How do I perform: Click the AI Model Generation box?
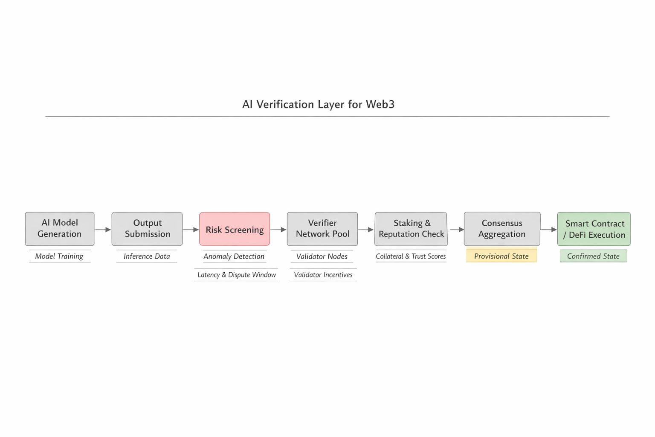tap(59, 229)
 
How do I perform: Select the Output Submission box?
tap(147, 229)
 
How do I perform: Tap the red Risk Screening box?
tap(235, 229)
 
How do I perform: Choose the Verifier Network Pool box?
tap(322, 229)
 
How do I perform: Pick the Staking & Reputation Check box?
tap(411, 229)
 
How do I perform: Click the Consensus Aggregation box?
tap(502, 229)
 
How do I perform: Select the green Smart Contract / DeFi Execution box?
tap(594, 229)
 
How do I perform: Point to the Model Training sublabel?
tap(59, 256)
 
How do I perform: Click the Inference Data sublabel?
tap(147, 256)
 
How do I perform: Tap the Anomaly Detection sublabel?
tap(234, 256)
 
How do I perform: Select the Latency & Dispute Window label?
tap(237, 275)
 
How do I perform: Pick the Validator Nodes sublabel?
tap(322, 256)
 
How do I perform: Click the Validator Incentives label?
tap(323, 275)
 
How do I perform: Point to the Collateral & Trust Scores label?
tap(411, 256)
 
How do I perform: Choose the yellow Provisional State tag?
tap(501, 256)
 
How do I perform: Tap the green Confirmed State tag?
tap(593, 256)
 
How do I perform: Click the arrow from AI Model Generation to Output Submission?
tap(103, 230)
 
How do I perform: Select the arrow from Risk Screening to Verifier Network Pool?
tap(278, 230)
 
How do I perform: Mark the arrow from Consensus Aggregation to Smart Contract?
tap(548, 230)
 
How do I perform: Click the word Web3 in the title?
tap(380, 105)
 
